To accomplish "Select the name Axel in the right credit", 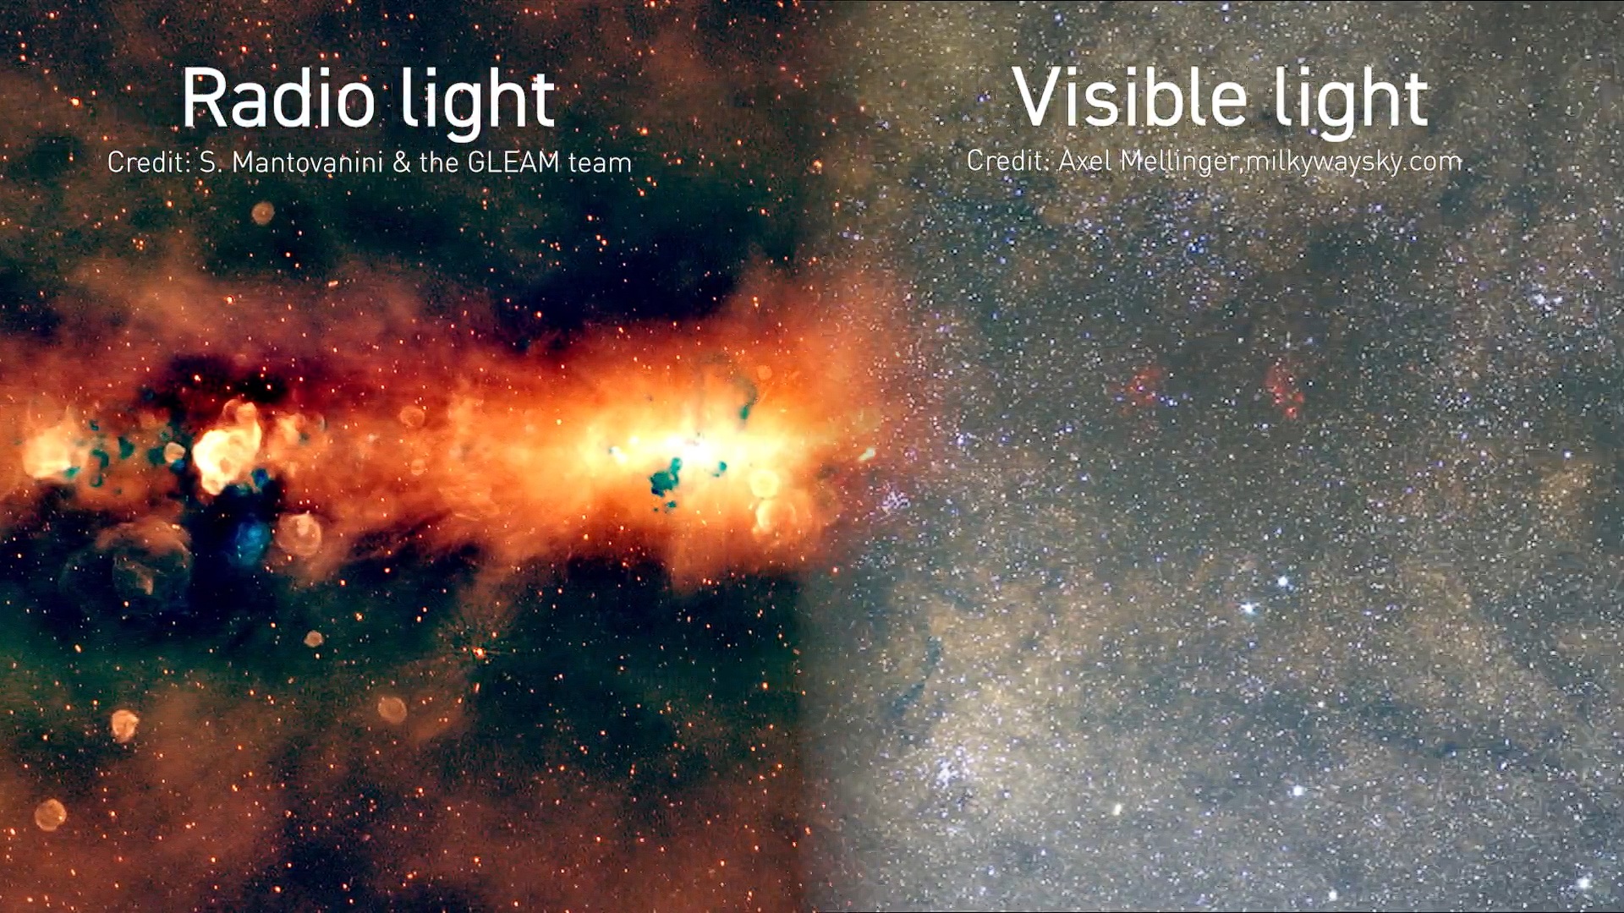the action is (x=1085, y=160).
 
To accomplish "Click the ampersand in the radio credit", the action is (x=401, y=163).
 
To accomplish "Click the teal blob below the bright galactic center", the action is (x=664, y=479).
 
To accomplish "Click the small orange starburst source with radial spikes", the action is (x=480, y=653).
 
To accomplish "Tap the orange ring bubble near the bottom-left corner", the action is (x=50, y=814).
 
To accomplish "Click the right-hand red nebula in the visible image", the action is (x=1284, y=389).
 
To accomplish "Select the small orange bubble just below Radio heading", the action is (x=263, y=212).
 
